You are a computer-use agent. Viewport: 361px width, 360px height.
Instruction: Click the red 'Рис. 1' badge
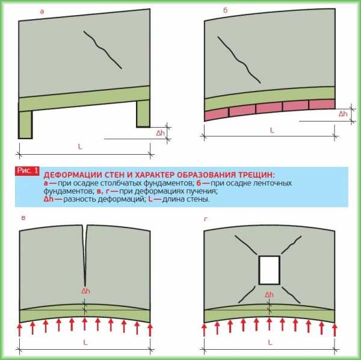click(x=27, y=171)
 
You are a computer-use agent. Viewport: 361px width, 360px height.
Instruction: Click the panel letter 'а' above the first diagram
click(x=42, y=11)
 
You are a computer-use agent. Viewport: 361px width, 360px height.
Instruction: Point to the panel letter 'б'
click(x=225, y=10)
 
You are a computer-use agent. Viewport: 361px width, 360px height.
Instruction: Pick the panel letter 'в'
click(x=23, y=218)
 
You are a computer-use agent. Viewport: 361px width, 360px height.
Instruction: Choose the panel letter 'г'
click(x=206, y=219)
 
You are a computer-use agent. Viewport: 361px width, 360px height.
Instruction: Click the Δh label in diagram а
click(x=161, y=133)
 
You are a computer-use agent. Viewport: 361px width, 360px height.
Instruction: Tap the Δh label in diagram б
click(x=343, y=114)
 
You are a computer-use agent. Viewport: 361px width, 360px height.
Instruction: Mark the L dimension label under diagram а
click(x=80, y=146)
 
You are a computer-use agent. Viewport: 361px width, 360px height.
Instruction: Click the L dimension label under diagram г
click(x=270, y=343)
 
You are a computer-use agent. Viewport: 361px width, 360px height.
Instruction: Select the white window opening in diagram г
click(x=270, y=270)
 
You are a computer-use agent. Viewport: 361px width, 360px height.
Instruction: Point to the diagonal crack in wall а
click(x=102, y=49)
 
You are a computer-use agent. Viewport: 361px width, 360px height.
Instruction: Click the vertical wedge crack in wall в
click(x=85, y=253)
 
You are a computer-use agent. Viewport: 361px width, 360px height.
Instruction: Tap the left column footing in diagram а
click(x=25, y=125)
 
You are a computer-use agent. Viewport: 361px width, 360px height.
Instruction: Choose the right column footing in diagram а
click(x=143, y=113)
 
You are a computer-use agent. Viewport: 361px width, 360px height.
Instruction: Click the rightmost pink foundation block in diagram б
click(x=322, y=104)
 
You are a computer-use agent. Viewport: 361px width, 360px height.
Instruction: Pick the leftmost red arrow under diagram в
click(x=20, y=329)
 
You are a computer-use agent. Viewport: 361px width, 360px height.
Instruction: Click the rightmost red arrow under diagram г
click(x=335, y=329)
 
